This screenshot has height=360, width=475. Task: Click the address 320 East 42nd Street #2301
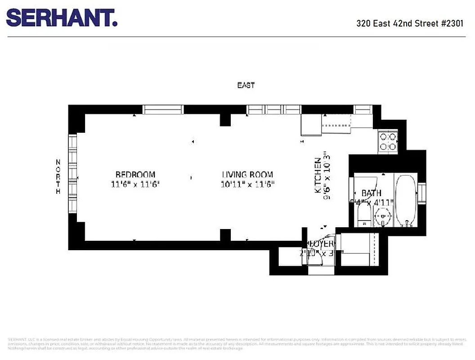pos(410,23)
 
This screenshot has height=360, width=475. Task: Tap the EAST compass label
pos(246,85)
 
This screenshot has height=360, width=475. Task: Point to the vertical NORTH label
pos(58,177)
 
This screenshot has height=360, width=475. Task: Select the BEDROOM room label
pos(135,175)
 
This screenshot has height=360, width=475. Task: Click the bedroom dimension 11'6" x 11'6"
pos(135,184)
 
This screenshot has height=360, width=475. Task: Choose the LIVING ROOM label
pos(247,175)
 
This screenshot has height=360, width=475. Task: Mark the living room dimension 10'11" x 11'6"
pos(247,184)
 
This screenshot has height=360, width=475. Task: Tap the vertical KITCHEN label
pos(318,175)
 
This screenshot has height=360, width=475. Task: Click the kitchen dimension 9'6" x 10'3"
pos(328,175)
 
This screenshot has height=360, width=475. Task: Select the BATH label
pos(371,193)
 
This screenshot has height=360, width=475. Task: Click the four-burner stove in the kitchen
pos(388,141)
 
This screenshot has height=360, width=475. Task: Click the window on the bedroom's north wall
pos(72,173)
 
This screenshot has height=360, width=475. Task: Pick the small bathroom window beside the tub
pos(421,193)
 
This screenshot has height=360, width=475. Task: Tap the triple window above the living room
pos(273,109)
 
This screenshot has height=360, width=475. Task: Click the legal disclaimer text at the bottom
pos(237,343)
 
